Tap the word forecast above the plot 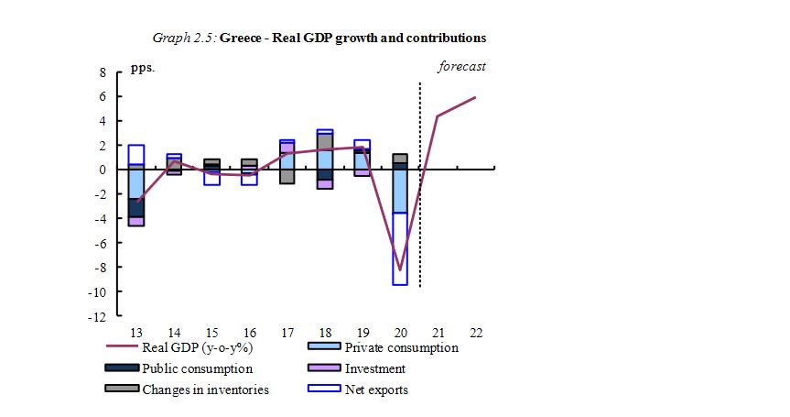click(x=461, y=66)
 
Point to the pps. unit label click(x=142, y=69)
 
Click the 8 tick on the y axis click(x=103, y=72)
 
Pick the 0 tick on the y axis click(x=103, y=170)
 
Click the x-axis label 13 click(x=136, y=332)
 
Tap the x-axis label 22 click(x=476, y=332)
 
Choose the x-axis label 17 click(x=287, y=332)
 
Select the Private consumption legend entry click(x=401, y=346)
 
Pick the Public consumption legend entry click(x=197, y=368)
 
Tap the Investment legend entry click(x=374, y=368)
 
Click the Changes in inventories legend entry click(x=205, y=390)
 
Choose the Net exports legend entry click(x=376, y=390)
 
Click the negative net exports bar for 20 click(x=400, y=248)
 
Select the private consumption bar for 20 click(x=400, y=191)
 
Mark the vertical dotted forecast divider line click(x=420, y=183)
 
